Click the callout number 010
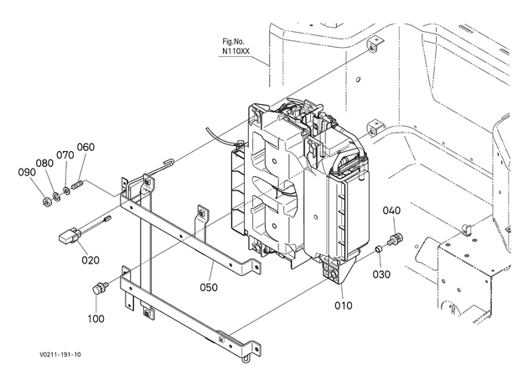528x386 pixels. coord(343,305)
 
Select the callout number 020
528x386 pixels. coord(91,260)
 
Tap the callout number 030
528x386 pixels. coord(381,274)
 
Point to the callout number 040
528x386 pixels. coord(391,211)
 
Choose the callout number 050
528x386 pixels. coord(209,288)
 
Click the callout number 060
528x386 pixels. coord(85,147)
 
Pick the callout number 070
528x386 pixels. coord(65,155)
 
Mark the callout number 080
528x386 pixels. coord(44,163)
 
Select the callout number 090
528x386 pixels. coord(27,172)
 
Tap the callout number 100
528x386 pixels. coord(96,319)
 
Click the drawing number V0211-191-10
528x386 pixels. coord(60,354)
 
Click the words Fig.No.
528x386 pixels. coord(233,41)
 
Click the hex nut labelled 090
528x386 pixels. coord(46,201)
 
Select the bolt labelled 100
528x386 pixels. coord(100,288)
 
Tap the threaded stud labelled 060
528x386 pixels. coord(78,185)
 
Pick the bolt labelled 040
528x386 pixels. coord(396,238)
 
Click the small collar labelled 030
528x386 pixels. coord(379,250)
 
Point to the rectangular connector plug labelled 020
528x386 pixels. coord(69,236)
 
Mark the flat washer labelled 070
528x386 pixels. coord(66,190)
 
